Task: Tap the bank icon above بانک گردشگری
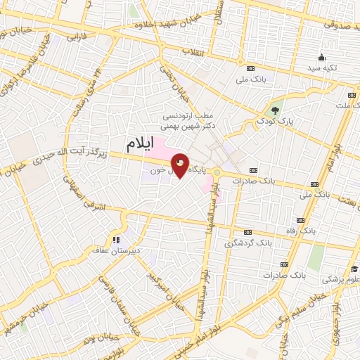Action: pos(247,233)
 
